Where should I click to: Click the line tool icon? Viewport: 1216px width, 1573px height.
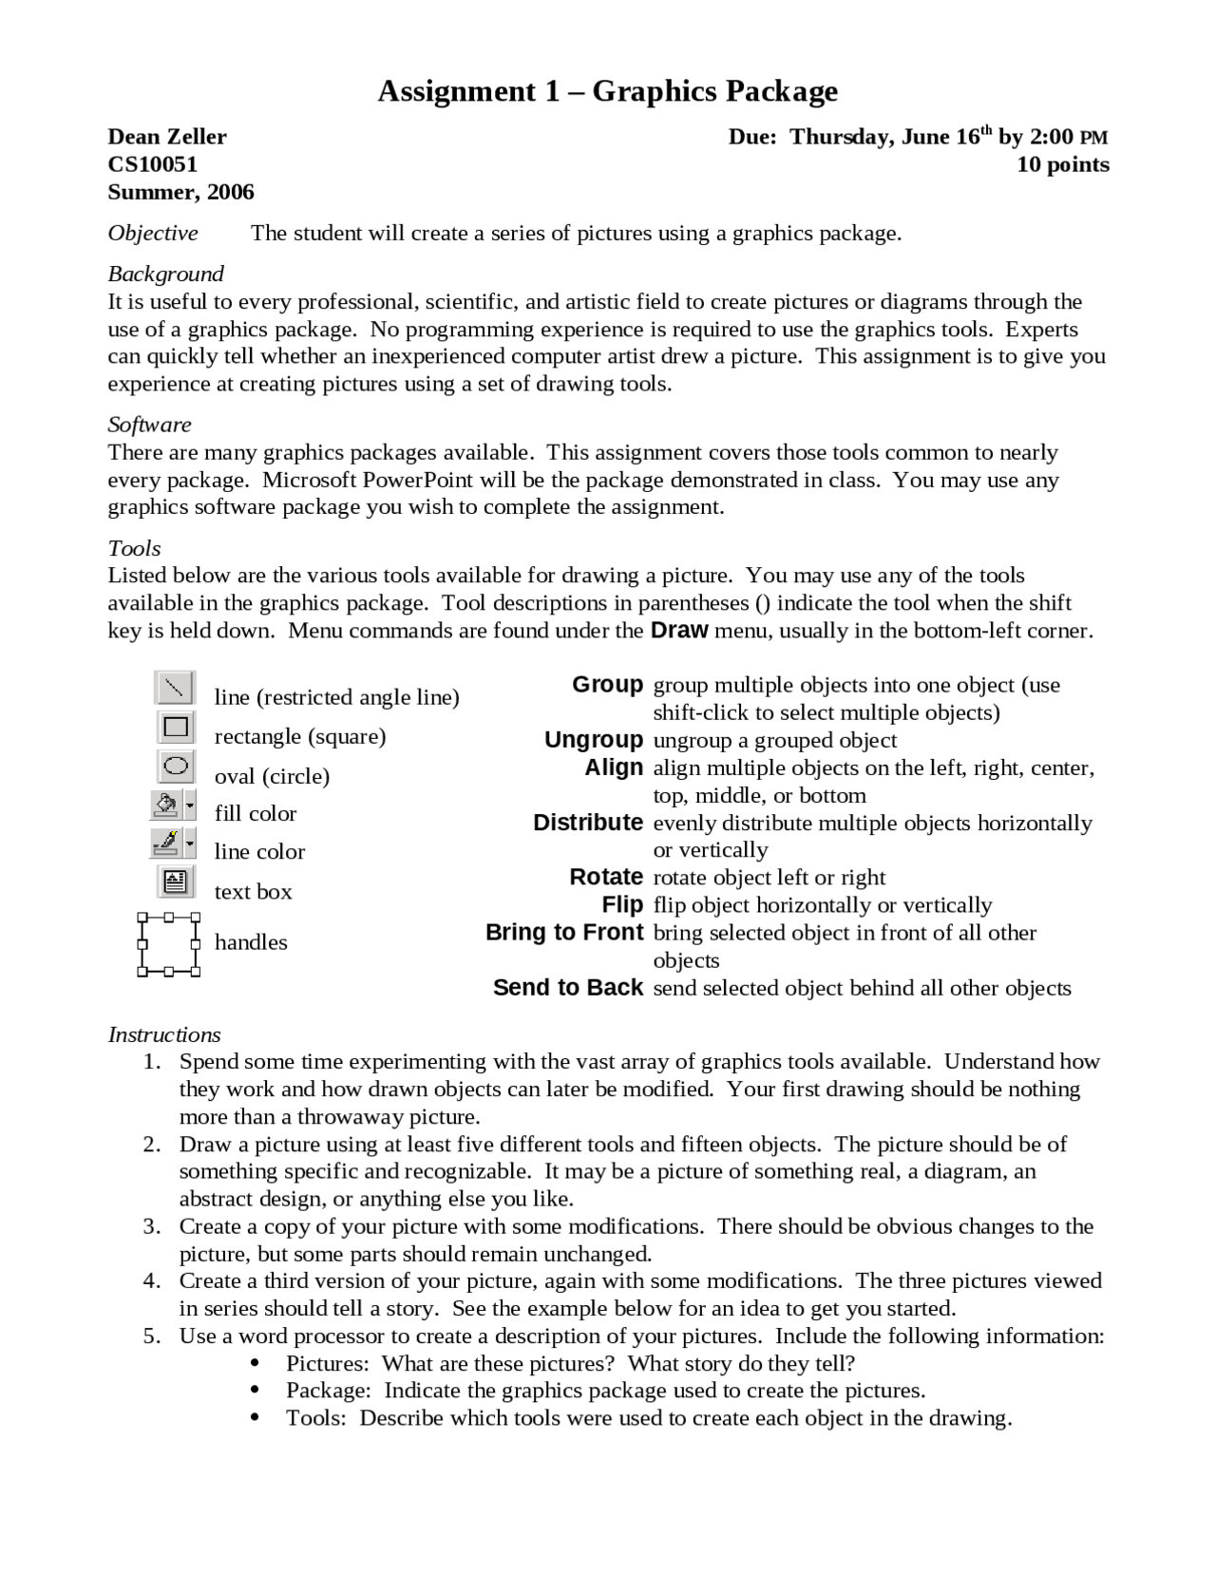[175, 688]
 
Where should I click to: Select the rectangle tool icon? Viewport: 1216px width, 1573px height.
[176, 728]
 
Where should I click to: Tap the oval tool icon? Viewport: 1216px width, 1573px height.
[176, 767]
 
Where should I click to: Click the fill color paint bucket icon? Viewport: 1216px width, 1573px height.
[166, 806]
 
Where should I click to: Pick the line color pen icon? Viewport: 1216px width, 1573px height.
[166, 843]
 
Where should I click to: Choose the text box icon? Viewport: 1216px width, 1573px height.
[176, 882]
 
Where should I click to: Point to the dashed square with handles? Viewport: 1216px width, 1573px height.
[169, 945]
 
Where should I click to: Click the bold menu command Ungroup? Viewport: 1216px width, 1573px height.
[594, 740]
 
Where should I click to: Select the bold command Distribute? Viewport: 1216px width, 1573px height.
[588, 823]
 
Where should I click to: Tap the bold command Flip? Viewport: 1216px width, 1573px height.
[622, 904]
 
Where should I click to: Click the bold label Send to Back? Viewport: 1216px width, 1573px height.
[568, 988]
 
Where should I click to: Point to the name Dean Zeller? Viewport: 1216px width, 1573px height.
[167, 137]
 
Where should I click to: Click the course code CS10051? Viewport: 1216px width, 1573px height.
[152, 164]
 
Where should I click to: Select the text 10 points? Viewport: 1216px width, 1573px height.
[1062, 164]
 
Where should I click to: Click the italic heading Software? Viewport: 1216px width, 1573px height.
[149, 425]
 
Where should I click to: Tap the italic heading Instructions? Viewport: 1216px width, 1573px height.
[163, 1034]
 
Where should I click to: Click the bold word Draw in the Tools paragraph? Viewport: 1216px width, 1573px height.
[679, 630]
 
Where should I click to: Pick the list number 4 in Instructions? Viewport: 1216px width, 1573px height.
[152, 1280]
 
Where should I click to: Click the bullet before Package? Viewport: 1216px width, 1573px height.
[255, 1391]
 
